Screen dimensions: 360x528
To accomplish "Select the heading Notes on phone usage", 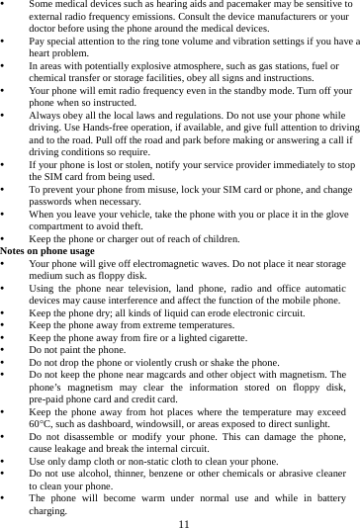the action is (47, 252).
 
